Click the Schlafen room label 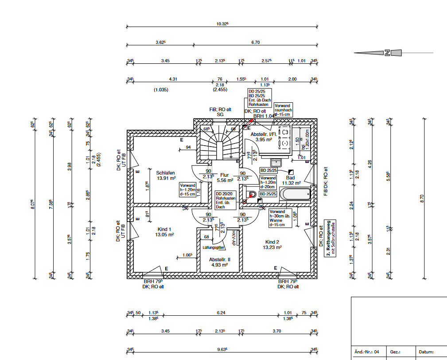point(165,173)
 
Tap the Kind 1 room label point(164,229)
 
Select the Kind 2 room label point(272,242)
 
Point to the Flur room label point(225,174)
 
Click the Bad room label point(291,177)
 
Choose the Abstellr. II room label point(218,260)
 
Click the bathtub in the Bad point(296,194)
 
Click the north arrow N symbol point(387,53)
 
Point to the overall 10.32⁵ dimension point(222,23)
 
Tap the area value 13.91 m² point(167,178)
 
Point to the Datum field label point(427,352)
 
